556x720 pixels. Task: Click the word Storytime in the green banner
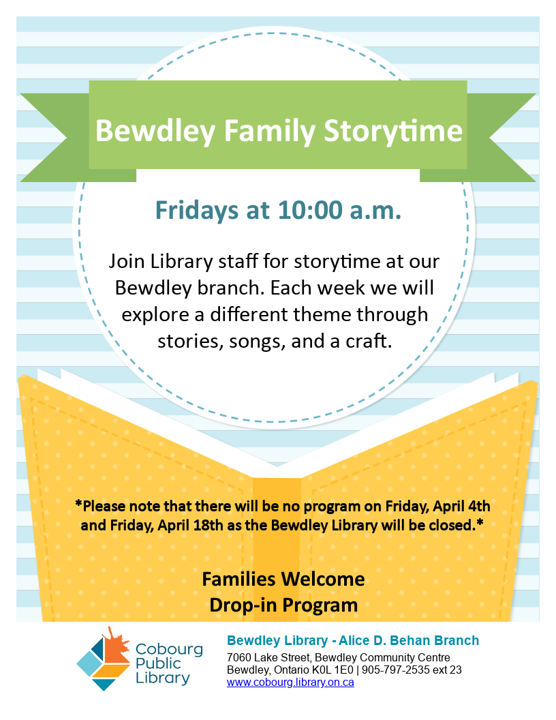click(393, 132)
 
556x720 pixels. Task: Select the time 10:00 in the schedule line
click(310, 210)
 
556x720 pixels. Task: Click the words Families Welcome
click(283, 579)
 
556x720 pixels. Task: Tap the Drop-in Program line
click(283, 605)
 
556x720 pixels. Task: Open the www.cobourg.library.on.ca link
click(290, 682)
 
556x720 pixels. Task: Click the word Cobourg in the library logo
click(169, 649)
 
